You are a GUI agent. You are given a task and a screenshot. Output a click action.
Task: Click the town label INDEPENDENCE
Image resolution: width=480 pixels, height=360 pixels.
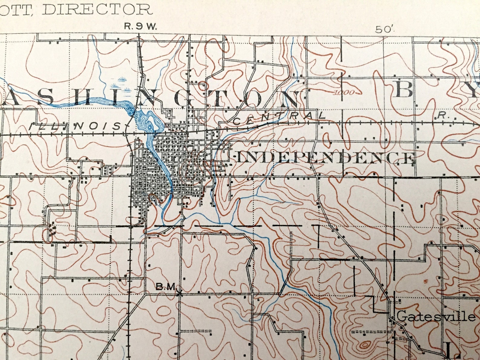(325, 158)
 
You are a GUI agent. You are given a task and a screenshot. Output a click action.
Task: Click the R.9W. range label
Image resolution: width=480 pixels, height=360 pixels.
(141, 27)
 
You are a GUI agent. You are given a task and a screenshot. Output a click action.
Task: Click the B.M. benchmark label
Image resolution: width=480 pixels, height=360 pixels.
(166, 286)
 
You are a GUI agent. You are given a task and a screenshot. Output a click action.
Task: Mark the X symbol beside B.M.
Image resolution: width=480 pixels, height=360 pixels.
(180, 293)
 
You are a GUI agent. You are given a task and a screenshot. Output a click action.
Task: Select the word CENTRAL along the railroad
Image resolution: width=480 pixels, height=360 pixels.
(280, 118)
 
